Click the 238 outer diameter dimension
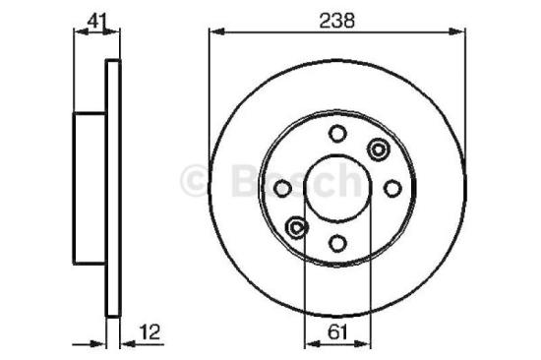pyautogui.click(x=336, y=18)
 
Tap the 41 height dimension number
pyautogui.click(x=95, y=18)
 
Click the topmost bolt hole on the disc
pyautogui.click(x=336, y=134)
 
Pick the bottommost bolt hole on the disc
pyautogui.click(x=336, y=244)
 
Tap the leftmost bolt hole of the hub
pyautogui.click(x=281, y=189)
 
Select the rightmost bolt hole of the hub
pyautogui.click(x=391, y=189)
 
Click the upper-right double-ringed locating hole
pyautogui.click(x=377, y=150)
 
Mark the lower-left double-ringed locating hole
pyautogui.click(x=296, y=228)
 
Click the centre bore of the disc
pyautogui.click(x=336, y=189)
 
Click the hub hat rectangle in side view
pyautogui.click(x=90, y=189)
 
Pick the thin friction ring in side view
pyautogui.click(x=112, y=189)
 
